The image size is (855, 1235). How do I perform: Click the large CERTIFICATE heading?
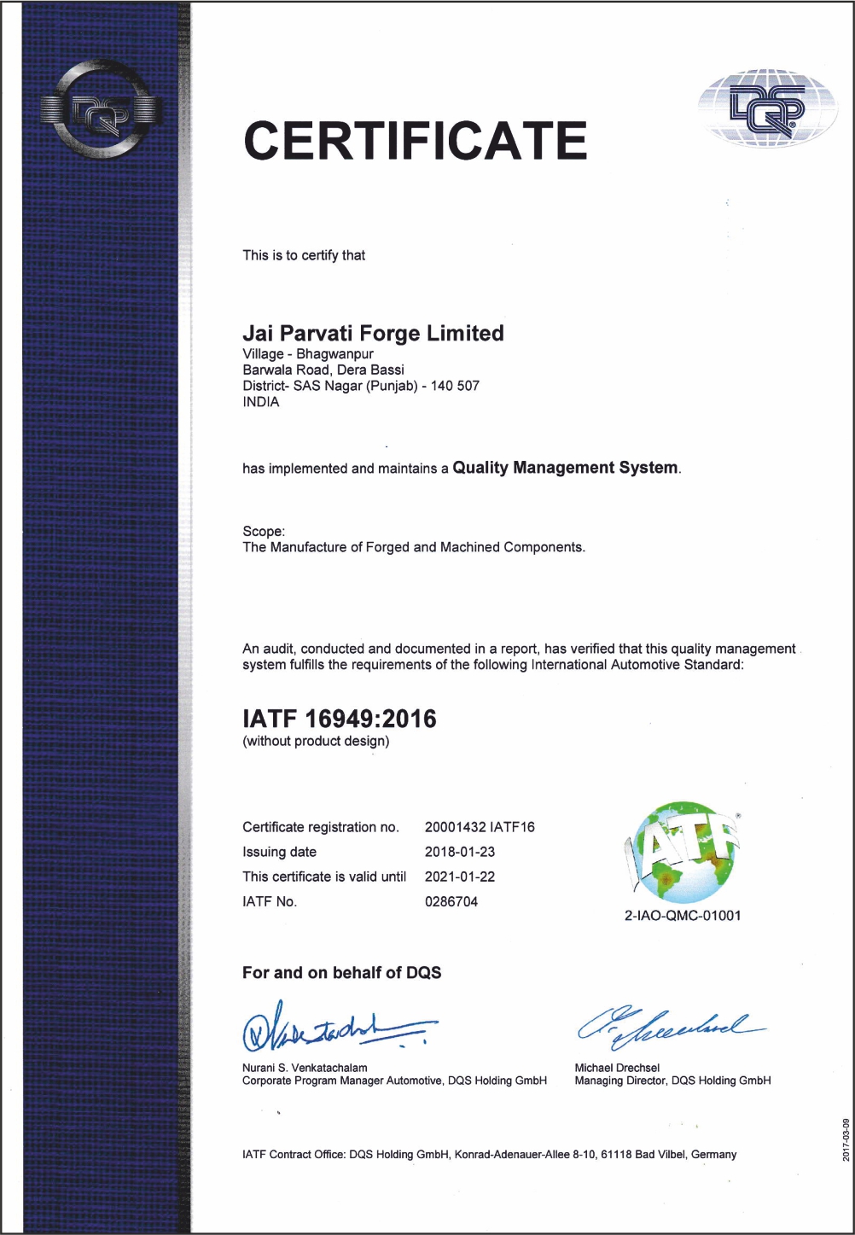[416, 141]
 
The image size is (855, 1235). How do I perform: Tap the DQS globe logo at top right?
[767, 108]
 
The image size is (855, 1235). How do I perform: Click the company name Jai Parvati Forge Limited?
[373, 333]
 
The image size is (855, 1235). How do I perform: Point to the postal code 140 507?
[455, 386]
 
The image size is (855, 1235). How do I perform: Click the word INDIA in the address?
[261, 402]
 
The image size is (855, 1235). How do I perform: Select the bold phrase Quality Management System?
[566, 468]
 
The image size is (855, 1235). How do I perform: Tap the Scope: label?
[264, 531]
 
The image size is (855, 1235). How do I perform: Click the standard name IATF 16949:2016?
[340, 719]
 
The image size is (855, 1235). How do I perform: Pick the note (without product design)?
[316, 741]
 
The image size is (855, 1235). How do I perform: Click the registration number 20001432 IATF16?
[480, 827]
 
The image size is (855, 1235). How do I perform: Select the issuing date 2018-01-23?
[460, 852]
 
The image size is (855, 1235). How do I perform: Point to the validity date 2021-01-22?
[460, 877]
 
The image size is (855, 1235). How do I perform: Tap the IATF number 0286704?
[451, 901]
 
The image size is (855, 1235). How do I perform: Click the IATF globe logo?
[683, 852]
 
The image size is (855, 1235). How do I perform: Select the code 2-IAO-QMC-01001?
[683, 916]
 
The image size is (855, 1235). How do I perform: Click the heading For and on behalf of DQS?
[341, 973]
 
